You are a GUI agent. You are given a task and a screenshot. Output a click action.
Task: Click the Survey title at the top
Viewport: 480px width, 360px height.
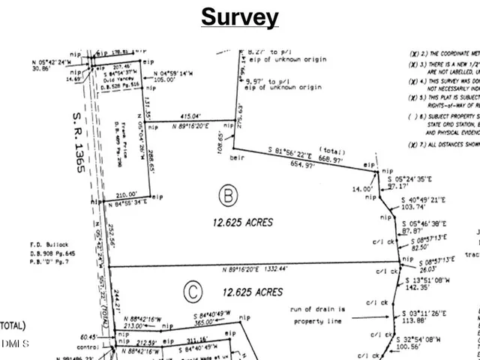[239, 17]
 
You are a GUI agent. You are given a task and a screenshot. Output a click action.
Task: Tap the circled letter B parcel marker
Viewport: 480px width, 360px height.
[226, 197]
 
